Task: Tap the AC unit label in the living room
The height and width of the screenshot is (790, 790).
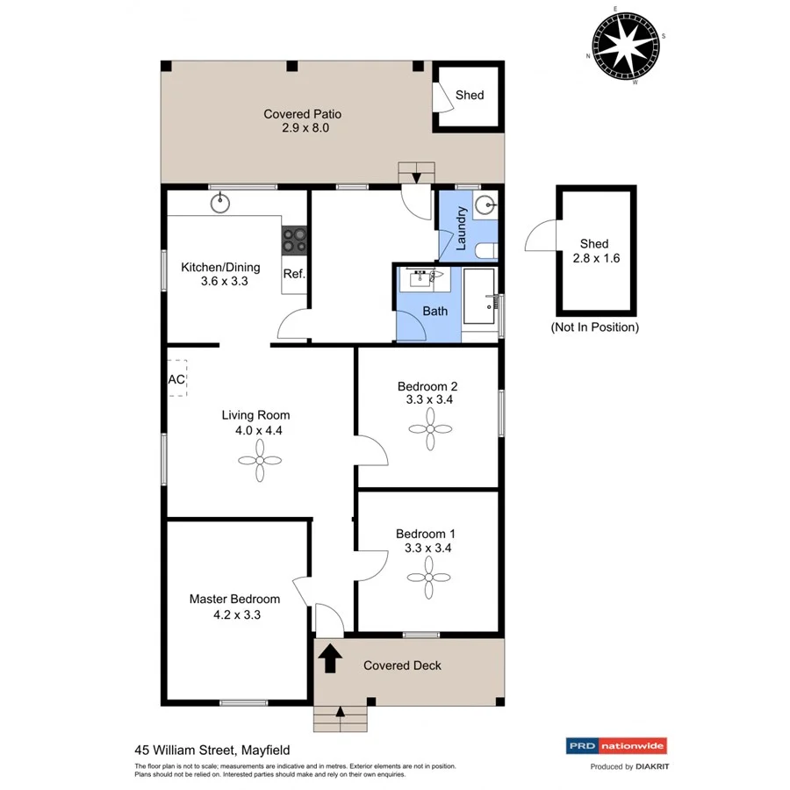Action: pos(176,380)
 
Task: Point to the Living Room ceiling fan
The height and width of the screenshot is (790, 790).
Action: pos(260,460)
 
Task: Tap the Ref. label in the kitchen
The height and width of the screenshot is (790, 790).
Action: pos(293,274)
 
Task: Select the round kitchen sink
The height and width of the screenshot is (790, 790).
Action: pos(219,204)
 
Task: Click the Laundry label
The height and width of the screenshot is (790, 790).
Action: pos(461,228)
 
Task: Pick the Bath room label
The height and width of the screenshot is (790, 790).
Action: pos(434,311)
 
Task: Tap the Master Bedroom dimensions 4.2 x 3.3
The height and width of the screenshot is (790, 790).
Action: pos(234,614)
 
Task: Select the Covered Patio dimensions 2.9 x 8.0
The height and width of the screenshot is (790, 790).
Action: pos(302,128)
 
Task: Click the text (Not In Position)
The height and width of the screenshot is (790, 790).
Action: pos(594,327)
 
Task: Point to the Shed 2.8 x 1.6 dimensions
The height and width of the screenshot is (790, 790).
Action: pos(594,259)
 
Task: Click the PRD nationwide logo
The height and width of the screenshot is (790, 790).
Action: pos(614,746)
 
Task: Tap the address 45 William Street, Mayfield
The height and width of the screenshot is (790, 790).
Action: pos(212,750)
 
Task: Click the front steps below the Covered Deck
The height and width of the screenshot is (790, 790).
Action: pos(340,718)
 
